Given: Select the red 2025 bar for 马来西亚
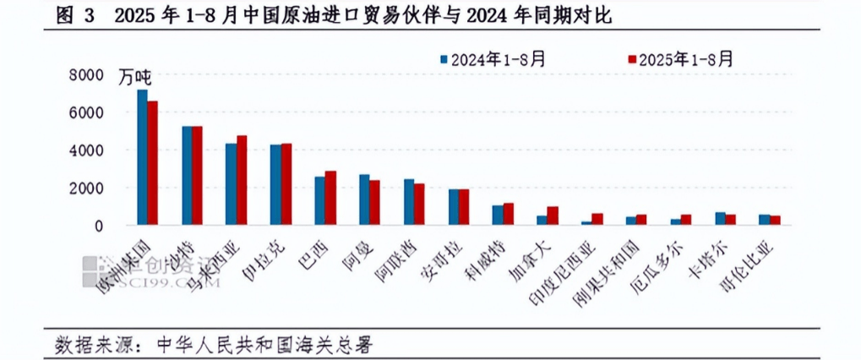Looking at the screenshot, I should click(x=241, y=180).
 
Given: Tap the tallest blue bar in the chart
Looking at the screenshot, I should click(x=142, y=157).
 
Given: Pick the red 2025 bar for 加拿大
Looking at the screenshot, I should click(x=553, y=215).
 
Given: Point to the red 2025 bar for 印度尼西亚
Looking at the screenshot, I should click(x=597, y=219).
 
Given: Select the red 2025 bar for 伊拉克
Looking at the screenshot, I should click(x=286, y=184).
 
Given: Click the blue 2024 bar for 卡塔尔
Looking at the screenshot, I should click(x=720, y=218).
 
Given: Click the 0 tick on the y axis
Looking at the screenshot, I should click(x=97, y=226).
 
